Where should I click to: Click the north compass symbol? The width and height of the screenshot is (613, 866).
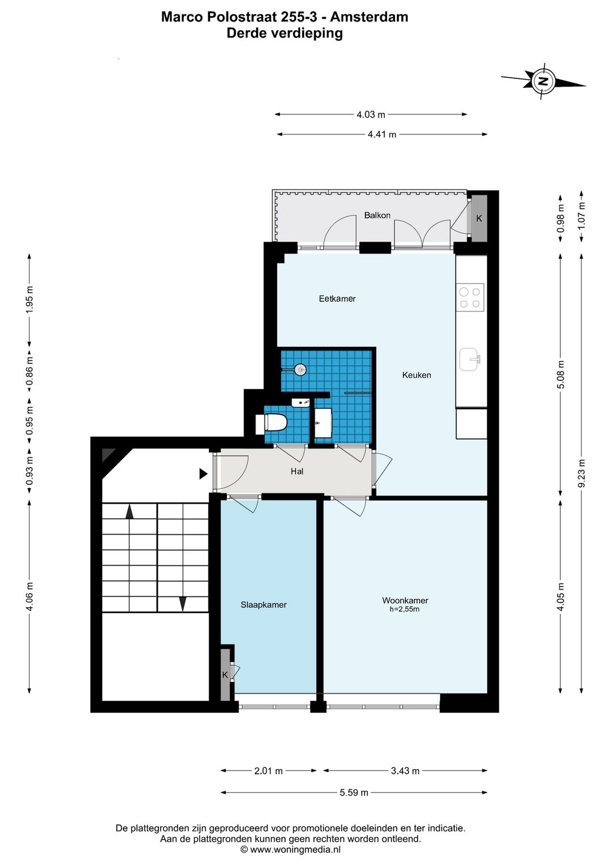coord(544,81)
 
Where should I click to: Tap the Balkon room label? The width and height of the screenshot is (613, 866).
coord(377,215)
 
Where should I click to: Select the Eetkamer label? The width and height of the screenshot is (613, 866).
coord(337,299)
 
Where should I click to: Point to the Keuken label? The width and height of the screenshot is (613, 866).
coord(417,375)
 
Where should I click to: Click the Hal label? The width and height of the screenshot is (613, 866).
coord(297,471)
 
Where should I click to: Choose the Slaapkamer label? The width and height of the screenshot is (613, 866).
coord(263,604)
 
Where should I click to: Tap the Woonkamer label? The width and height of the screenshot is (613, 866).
coord(405,600)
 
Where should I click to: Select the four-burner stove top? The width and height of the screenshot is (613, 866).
coord(470,298)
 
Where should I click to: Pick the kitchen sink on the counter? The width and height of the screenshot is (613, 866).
coord(469,359)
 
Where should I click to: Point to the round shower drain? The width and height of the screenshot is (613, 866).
coord(300,370)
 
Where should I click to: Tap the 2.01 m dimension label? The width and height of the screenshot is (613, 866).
coord(268,771)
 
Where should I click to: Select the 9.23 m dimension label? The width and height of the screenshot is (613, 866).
coord(581,473)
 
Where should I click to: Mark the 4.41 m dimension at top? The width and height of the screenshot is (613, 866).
coord(382,134)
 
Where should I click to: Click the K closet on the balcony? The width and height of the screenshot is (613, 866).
coord(479,218)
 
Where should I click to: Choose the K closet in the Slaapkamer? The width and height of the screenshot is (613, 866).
coord(225,675)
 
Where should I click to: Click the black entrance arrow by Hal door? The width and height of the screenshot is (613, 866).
coord(203,474)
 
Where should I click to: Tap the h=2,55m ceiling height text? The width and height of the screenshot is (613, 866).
coord(404,609)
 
